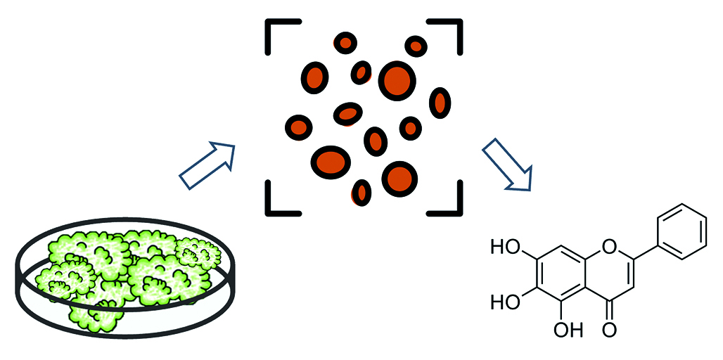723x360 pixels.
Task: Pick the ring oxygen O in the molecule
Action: (x=609, y=247)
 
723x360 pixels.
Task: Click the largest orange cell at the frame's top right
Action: (x=396, y=79)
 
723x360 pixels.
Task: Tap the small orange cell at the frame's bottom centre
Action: (x=361, y=192)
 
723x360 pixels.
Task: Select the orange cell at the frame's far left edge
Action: (x=299, y=127)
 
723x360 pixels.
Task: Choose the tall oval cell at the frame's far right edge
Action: (x=440, y=103)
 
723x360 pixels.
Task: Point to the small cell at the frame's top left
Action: (x=345, y=43)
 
